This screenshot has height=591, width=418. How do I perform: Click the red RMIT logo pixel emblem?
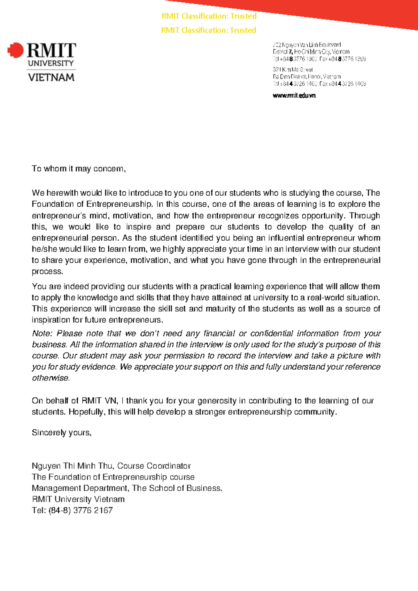(15, 50)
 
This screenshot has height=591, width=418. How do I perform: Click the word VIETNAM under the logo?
(51, 77)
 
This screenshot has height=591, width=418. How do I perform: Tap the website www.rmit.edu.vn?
(294, 95)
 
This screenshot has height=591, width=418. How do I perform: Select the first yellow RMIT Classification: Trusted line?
(209, 16)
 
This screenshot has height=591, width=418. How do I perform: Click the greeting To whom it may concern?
(78, 169)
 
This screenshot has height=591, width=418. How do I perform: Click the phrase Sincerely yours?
(61, 432)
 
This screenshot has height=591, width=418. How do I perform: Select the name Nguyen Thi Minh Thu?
(72, 466)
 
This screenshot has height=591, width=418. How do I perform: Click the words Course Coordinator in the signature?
(154, 466)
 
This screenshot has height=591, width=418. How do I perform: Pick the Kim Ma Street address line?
(293, 70)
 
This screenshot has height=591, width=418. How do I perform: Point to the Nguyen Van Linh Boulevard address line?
(307, 45)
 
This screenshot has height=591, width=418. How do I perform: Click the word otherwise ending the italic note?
(51, 378)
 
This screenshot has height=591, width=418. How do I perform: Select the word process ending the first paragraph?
(47, 271)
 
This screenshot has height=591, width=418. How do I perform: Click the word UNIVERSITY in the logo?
(51, 63)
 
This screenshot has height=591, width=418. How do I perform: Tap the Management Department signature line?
(127, 488)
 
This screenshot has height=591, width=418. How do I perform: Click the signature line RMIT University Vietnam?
(78, 499)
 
